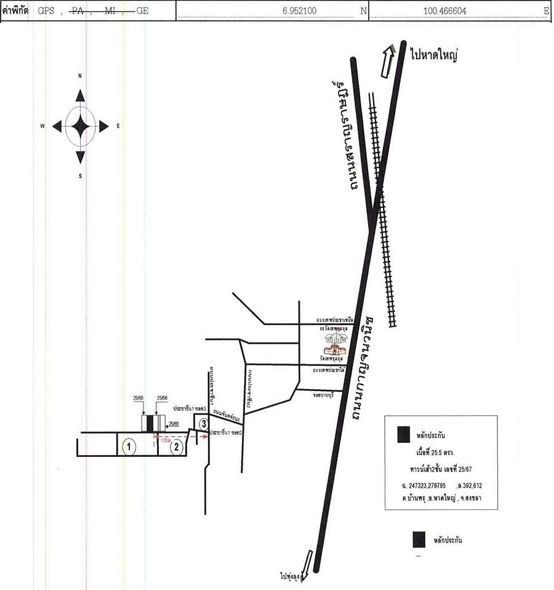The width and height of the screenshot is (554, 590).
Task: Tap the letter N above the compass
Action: (x=80, y=76)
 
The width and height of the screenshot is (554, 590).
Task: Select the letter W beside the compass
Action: (x=42, y=126)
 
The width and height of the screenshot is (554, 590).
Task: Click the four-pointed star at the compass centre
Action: (x=80, y=126)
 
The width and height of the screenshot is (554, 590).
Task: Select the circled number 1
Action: (x=128, y=446)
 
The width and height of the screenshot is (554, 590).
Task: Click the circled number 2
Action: (x=177, y=447)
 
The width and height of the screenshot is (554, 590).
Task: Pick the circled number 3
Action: (x=203, y=423)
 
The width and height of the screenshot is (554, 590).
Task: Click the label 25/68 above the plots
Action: (x=138, y=398)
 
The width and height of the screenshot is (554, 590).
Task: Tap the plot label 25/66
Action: (x=163, y=398)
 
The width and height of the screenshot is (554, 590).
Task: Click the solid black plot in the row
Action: (x=149, y=423)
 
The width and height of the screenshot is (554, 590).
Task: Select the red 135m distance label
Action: (x=165, y=440)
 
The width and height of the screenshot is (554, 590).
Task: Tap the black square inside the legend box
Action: (x=404, y=434)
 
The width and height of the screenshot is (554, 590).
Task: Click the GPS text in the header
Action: (x=46, y=10)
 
